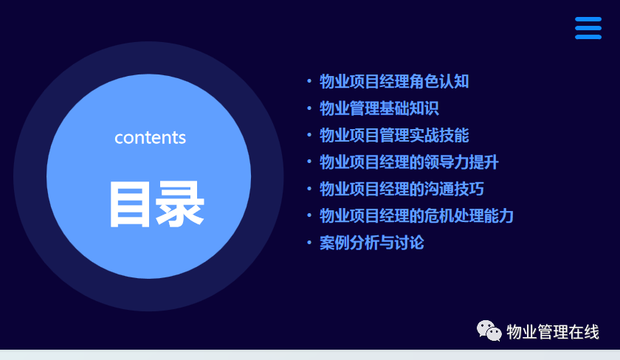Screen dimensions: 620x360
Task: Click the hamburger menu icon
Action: tap(588, 28)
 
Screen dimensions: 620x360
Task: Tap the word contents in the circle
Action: tap(151, 138)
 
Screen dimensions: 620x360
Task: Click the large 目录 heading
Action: tap(156, 204)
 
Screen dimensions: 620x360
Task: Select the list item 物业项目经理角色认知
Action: tap(394, 81)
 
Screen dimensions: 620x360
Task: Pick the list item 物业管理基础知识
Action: tap(379, 108)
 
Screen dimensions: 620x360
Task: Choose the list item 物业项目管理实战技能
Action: tap(394, 135)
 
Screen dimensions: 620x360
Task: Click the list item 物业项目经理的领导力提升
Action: tap(409, 162)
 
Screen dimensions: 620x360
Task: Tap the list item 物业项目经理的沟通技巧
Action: tap(402, 189)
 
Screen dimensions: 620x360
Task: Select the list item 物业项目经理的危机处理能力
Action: tap(417, 215)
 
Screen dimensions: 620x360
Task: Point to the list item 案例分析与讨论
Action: tap(372, 243)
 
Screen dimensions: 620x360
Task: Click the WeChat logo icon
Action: tap(489, 330)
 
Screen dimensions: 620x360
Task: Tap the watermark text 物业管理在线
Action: tap(553, 331)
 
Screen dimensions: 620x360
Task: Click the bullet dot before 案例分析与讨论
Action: tap(309, 242)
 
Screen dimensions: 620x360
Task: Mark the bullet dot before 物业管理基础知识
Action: tap(309, 108)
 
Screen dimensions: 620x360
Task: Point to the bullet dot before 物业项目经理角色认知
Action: tap(309, 81)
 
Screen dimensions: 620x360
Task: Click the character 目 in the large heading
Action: tap(130, 204)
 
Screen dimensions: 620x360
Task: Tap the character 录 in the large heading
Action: tap(180, 204)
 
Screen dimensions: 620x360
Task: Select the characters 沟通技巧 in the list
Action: tap(455, 189)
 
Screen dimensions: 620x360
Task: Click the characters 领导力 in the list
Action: tap(447, 162)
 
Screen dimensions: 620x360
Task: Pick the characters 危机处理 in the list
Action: tap(455, 215)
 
